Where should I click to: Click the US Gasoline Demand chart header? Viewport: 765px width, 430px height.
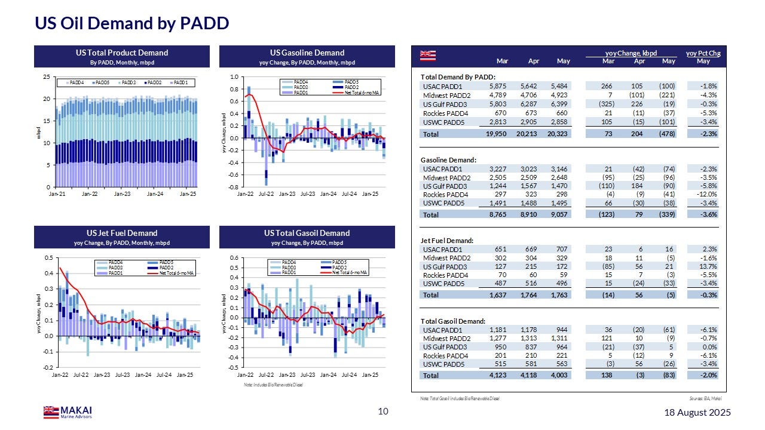pos(307,53)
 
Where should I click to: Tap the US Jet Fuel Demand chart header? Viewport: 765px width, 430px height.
pos(121,233)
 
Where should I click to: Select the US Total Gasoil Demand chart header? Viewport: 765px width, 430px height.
pos(307,233)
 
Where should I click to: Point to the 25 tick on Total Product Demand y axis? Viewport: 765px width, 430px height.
pos(45,77)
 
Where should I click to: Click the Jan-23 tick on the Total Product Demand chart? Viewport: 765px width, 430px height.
pos(122,194)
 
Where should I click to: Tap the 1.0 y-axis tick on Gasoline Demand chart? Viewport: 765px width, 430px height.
pos(234,77)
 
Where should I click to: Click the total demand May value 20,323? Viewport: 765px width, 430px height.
pos(559,134)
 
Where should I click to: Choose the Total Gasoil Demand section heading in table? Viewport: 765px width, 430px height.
pos(453,321)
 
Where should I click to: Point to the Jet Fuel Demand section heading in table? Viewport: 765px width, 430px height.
pos(447,241)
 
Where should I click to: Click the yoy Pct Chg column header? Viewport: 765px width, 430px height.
pos(703,53)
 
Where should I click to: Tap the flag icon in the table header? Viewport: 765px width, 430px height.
pos(429,56)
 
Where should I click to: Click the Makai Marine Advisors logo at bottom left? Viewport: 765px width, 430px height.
pos(68,412)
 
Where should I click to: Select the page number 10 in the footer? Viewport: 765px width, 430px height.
pos(383,411)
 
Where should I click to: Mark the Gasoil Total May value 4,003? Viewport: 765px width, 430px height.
pos(559,375)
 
